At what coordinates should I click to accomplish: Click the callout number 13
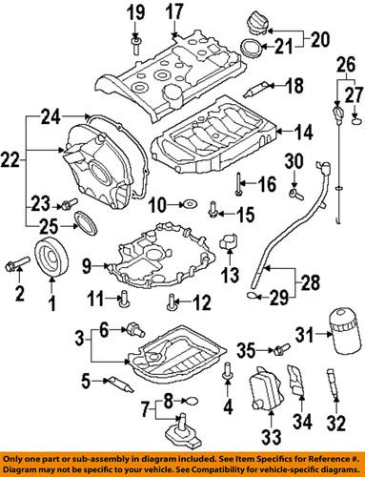click(225, 277)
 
